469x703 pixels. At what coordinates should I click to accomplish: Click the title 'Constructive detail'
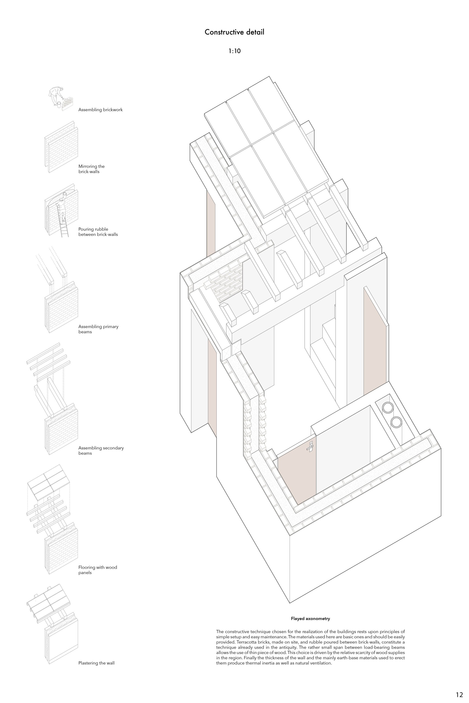pos(234,32)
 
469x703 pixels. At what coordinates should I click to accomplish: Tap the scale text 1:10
pos(234,51)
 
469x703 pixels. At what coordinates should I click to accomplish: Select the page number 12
pos(459,687)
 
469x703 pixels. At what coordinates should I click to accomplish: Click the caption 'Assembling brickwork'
pos(101,110)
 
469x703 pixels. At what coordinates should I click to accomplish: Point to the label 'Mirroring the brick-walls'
pos(91,169)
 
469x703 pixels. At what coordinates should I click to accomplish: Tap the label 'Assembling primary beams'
pos(98,329)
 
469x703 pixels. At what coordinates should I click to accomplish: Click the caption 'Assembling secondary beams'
pos(101,450)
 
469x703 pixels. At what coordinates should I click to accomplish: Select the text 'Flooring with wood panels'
pos(98,570)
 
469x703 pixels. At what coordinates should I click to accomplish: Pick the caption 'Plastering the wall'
pos(96,663)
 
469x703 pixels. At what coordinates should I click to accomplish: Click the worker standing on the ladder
pos(61,210)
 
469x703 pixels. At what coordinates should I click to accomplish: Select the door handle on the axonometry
pos(310,447)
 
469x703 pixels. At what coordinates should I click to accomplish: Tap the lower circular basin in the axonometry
pos(397,422)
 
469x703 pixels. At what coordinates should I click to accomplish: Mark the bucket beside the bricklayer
pos(59,104)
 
